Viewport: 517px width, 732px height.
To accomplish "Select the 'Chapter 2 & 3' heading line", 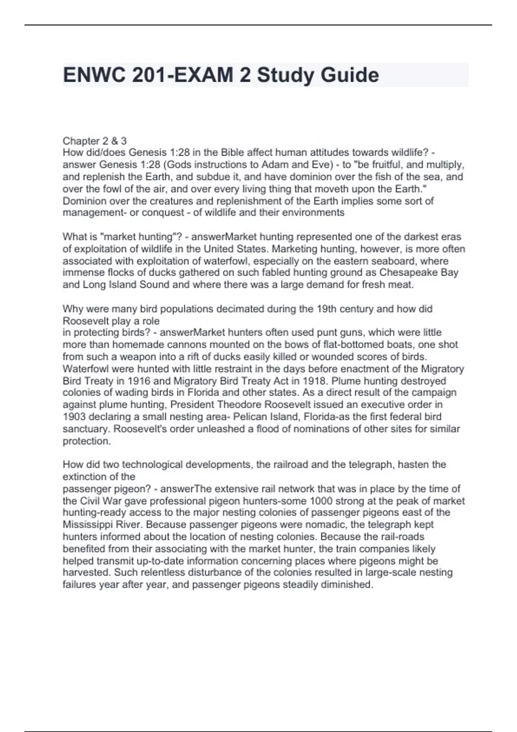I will tap(95, 141).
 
